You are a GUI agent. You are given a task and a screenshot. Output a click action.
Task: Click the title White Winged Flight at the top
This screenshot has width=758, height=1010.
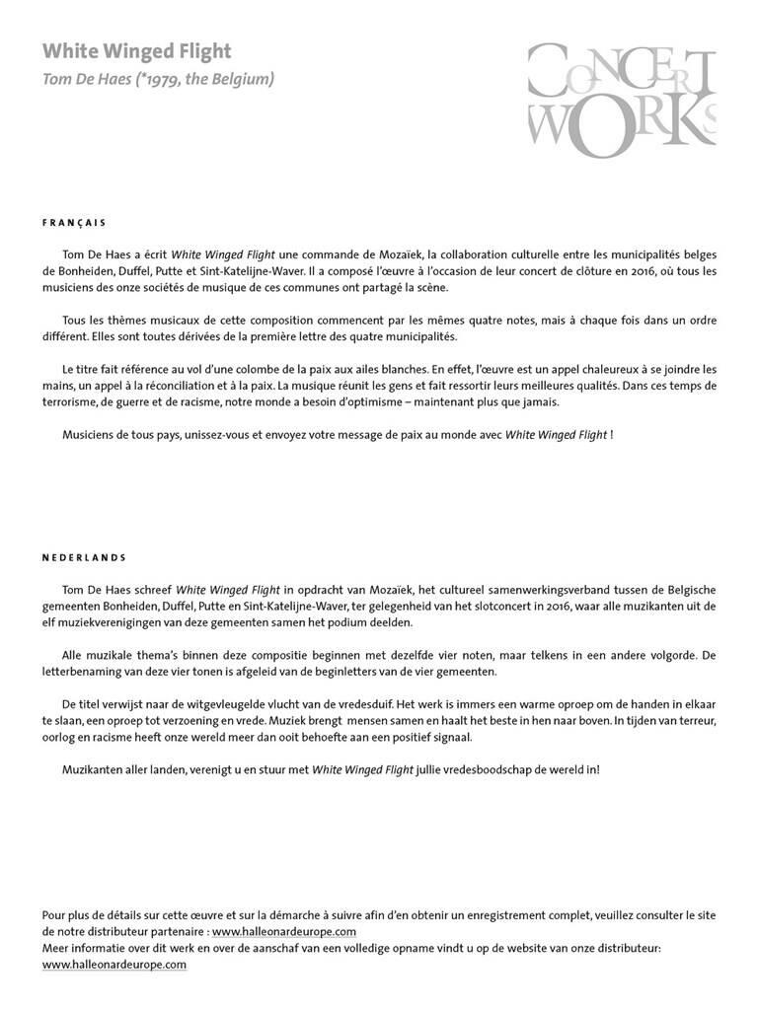tap(137, 51)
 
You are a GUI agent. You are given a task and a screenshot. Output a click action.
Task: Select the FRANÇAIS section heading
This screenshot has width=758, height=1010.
tap(74, 223)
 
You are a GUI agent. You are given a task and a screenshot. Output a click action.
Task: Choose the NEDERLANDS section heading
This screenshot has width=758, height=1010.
tap(85, 557)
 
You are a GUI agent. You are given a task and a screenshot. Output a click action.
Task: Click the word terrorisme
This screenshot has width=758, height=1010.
tap(75, 401)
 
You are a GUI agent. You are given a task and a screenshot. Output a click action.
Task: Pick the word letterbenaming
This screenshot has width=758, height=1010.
tap(84, 672)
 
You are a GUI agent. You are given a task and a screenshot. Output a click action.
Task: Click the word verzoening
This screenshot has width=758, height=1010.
tap(195, 721)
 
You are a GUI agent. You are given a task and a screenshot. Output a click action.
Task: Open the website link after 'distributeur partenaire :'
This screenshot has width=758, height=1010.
tap(284, 931)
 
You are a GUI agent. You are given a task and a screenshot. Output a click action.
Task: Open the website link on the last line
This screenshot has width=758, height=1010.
tap(114, 965)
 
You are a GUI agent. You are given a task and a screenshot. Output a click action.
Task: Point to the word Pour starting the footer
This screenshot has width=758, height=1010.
tap(55, 914)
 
